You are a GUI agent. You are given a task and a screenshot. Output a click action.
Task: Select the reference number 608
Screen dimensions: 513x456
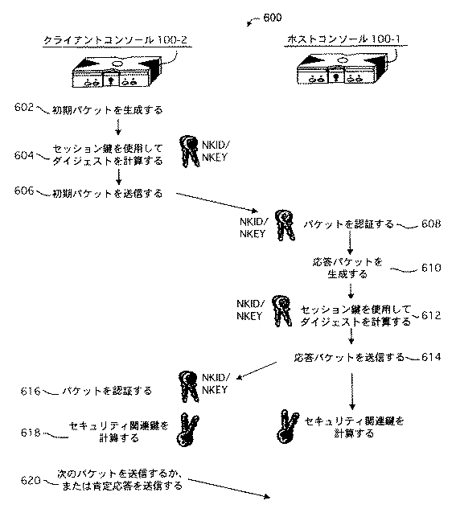click(431, 224)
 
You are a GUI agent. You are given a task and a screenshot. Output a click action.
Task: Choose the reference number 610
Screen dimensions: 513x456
click(431, 269)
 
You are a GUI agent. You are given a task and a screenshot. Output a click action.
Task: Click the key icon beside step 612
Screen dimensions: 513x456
click(281, 310)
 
